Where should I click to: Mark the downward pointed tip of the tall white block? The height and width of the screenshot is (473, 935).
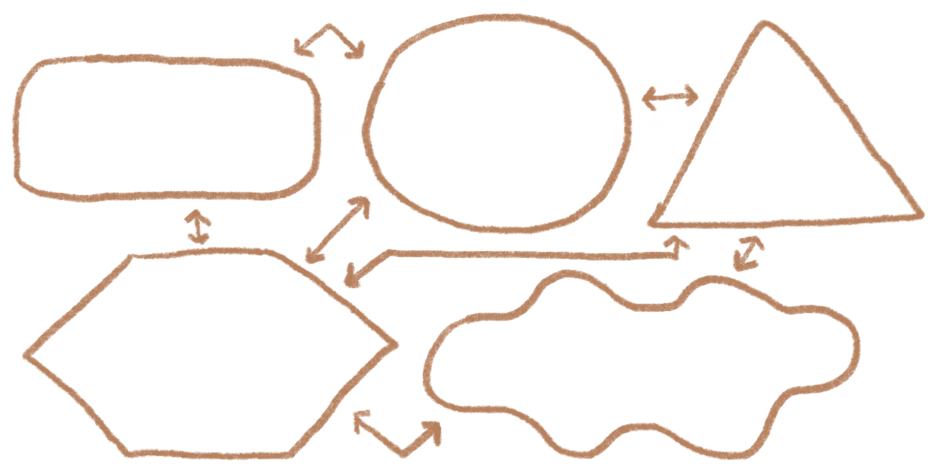pos(567,215)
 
